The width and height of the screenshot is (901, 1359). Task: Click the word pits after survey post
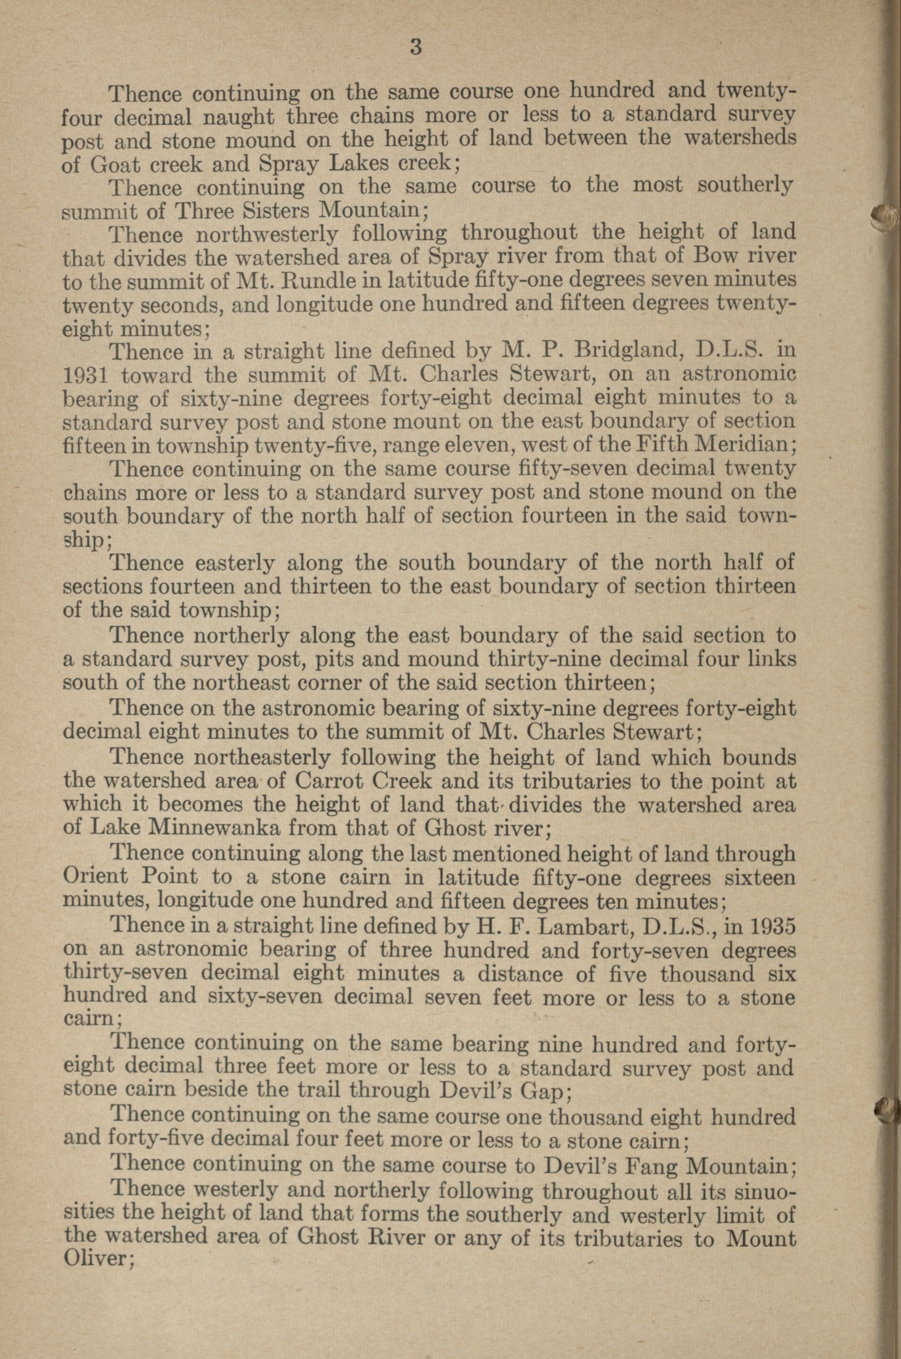(x=337, y=660)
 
